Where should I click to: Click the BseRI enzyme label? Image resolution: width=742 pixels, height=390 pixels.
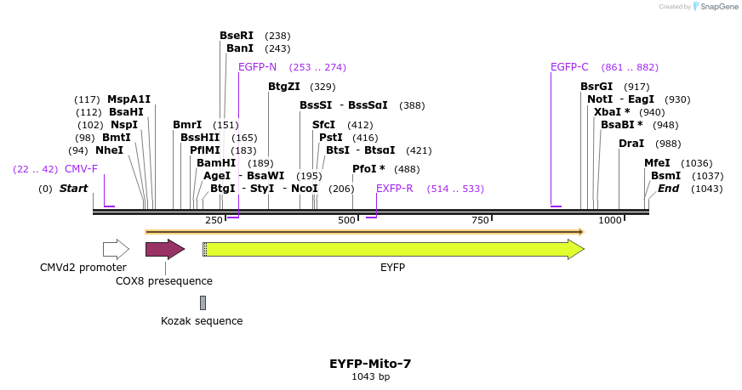click(237, 36)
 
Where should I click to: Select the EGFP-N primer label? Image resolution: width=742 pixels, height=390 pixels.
click(257, 67)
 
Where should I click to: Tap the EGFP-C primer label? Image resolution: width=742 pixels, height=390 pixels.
click(569, 67)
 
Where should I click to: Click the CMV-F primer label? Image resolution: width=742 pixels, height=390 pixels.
click(81, 169)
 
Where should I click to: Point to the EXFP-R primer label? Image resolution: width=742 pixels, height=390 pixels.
click(394, 189)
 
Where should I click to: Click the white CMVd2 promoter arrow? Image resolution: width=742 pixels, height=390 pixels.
click(116, 249)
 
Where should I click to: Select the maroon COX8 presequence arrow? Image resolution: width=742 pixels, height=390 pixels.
click(164, 249)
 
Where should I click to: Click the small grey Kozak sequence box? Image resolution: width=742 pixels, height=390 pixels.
click(203, 302)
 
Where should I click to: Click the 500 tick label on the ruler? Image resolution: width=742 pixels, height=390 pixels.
click(346, 221)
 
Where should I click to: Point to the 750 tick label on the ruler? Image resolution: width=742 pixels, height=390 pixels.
click(480, 221)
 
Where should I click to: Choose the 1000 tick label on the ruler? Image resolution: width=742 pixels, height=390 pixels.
click(610, 221)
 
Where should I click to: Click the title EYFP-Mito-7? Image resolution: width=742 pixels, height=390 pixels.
click(370, 364)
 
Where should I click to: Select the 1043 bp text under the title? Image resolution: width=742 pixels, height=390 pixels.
click(370, 376)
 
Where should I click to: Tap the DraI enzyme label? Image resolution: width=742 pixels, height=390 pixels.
click(631, 144)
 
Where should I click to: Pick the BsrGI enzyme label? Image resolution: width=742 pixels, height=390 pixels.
click(596, 87)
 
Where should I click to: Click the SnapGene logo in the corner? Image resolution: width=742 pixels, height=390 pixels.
click(715, 7)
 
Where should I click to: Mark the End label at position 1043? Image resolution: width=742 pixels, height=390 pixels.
click(668, 189)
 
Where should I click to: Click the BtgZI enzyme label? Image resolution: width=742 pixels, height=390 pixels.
click(284, 87)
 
